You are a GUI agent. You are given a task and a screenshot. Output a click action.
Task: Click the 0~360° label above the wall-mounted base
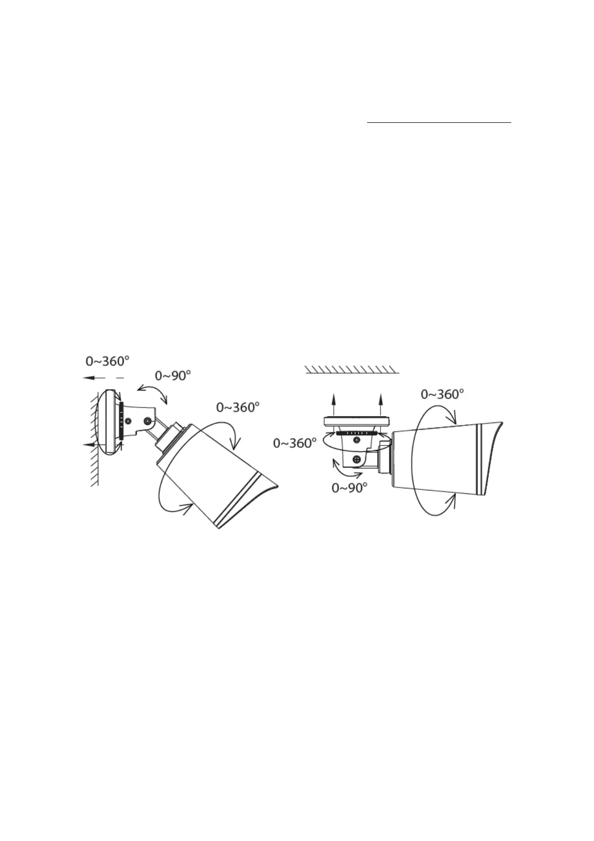(108, 360)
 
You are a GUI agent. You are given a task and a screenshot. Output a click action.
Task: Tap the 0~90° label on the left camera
(173, 375)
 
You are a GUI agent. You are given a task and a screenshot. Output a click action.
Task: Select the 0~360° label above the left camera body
(237, 407)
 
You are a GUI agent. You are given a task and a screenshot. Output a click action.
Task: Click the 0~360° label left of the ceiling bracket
(295, 442)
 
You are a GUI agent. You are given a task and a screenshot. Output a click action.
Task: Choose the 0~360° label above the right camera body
(442, 394)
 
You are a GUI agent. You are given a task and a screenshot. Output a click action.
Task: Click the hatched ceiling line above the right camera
(352, 369)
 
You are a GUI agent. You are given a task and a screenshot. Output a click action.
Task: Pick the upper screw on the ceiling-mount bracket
(357, 439)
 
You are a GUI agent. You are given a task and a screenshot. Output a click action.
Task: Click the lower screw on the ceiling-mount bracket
(357, 459)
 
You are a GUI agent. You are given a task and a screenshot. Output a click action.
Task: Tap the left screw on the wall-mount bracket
(128, 421)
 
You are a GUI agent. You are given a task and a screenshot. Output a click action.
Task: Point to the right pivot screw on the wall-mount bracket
(147, 422)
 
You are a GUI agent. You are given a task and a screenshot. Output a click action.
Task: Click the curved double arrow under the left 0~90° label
(153, 394)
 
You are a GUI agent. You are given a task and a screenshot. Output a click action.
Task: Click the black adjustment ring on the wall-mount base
(122, 420)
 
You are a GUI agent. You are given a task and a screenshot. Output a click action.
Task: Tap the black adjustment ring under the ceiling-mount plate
(356, 433)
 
